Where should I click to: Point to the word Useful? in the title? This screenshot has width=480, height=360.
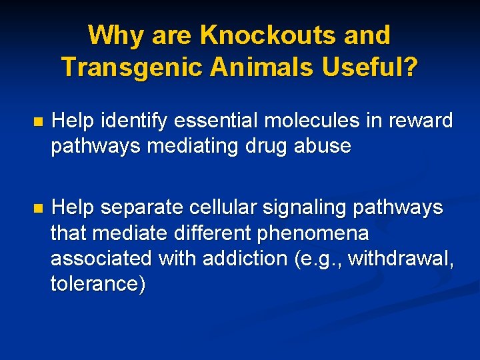(371, 66)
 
